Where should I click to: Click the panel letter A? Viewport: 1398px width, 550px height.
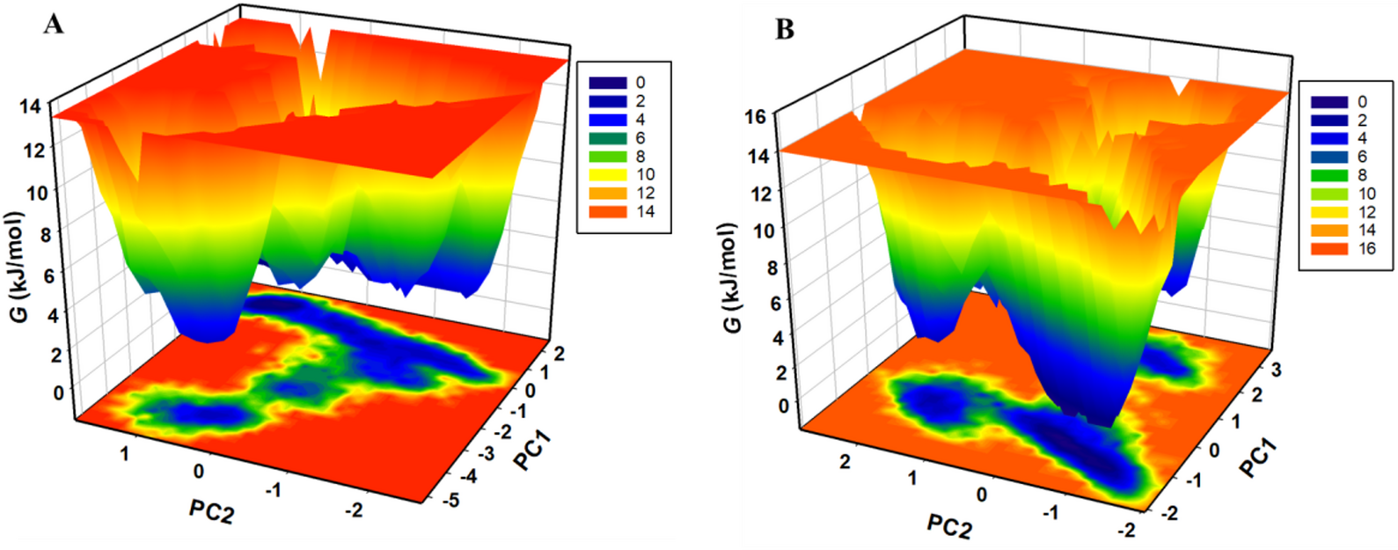54,24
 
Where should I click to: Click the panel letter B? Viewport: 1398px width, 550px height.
784,30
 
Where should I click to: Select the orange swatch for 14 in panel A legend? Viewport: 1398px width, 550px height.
608,211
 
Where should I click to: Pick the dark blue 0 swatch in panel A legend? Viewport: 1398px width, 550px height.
608,83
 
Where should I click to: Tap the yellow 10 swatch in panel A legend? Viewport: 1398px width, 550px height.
608,174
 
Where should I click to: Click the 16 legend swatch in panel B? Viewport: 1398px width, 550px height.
1329,249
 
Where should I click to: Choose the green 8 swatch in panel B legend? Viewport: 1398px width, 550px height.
1329,175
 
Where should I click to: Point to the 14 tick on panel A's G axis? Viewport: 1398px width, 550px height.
30,106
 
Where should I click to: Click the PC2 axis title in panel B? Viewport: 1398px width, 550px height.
949,526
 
